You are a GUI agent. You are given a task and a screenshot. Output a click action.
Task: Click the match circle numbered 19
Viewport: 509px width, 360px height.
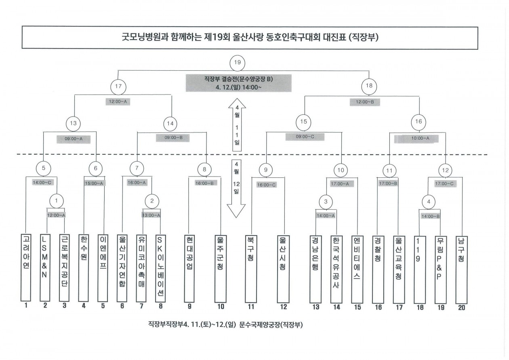(x=238, y=63)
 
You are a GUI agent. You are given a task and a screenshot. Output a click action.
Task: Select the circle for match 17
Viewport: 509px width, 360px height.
(x=118, y=86)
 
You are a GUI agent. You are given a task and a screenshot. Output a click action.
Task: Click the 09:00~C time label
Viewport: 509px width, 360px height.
(x=305, y=137)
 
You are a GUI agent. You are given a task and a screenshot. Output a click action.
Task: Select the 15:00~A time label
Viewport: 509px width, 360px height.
(x=94, y=183)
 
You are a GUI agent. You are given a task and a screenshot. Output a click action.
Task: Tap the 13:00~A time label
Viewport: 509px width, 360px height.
(x=151, y=215)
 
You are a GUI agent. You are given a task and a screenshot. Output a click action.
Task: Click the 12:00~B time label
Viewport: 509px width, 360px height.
(x=365, y=103)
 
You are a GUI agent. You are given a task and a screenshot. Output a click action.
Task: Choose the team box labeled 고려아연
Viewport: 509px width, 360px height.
(x=26, y=267)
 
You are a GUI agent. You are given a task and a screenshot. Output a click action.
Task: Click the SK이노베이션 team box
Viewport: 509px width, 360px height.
(x=161, y=267)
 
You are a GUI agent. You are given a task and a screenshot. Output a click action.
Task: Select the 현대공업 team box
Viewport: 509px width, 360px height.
(x=189, y=267)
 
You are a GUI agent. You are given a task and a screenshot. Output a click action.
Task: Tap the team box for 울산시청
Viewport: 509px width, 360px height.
(x=283, y=267)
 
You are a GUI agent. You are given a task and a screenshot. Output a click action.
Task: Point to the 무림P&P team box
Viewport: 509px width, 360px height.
(x=440, y=267)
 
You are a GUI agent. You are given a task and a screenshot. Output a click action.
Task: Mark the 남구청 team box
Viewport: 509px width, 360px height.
(x=461, y=267)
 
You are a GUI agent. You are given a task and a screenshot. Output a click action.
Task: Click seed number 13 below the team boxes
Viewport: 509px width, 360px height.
(x=315, y=307)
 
